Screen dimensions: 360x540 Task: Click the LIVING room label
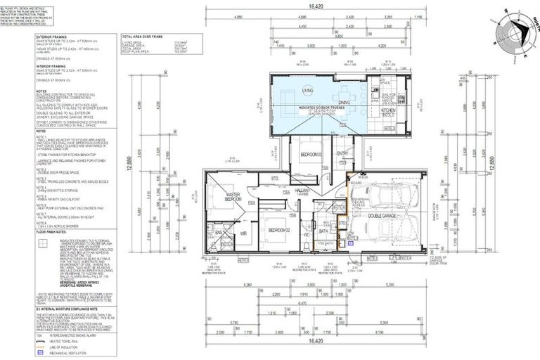(x=307, y=91)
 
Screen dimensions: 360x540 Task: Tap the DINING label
(x=344, y=103)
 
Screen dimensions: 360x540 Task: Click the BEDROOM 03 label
(x=310, y=154)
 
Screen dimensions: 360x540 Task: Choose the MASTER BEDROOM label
(x=233, y=198)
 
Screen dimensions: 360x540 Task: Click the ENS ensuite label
(x=219, y=231)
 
